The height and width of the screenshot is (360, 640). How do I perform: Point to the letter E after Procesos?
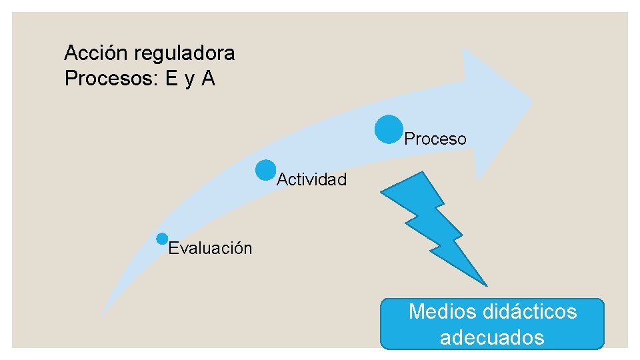(x=172, y=79)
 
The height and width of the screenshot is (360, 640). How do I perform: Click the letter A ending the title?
(x=208, y=79)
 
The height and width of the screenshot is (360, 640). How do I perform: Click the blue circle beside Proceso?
(x=388, y=129)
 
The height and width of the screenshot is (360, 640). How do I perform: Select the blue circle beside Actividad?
(x=265, y=170)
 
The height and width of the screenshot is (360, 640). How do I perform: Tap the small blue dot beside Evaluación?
(x=162, y=239)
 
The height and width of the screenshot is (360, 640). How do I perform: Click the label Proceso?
(x=435, y=139)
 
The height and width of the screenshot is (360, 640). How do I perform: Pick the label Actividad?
(x=312, y=179)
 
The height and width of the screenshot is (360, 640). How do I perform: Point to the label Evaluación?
(x=211, y=249)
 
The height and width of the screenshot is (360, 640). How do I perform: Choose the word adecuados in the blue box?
(x=492, y=337)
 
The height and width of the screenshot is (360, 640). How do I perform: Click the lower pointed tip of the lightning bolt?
(x=485, y=284)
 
